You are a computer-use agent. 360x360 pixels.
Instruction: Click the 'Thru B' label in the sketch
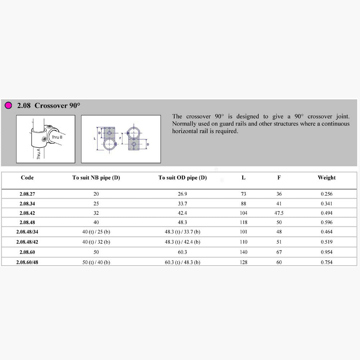coord(57,137)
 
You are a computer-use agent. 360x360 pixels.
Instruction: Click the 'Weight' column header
coord(327,177)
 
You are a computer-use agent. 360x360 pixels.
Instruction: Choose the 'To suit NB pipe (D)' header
coord(96,177)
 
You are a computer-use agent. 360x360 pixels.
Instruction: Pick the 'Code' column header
coord(27,177)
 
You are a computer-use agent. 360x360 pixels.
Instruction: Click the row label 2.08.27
coord(27,194)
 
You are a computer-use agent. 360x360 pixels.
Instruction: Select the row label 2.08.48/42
coord(27,242)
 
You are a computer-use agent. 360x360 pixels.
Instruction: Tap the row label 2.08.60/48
coord(27,262)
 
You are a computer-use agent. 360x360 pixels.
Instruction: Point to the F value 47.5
coord(279,213)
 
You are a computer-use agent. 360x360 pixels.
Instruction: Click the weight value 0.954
coord(327,252)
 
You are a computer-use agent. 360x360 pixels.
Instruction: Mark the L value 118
coord(244,222)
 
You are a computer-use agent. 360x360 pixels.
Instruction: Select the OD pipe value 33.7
coord(183,204)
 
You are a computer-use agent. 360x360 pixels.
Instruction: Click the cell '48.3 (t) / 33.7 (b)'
coord(183,232)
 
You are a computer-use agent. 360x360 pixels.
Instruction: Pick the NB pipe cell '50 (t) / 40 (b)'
coord(96,262)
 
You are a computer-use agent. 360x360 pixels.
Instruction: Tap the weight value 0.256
coord(327,194)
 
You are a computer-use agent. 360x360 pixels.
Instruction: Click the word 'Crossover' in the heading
coord(51,105)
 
